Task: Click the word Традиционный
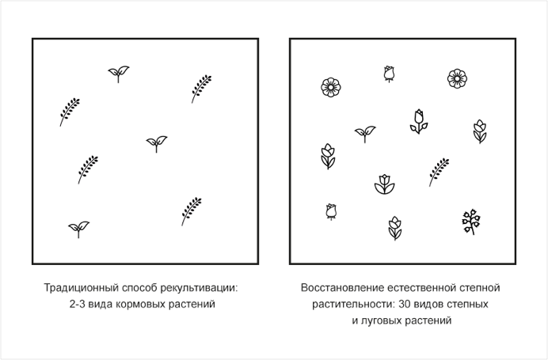[82, 289]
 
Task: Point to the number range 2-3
[77, 304]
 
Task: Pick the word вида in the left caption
[100, 305]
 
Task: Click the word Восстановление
[342, 288]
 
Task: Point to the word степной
[479, 288]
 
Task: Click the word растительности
[354, 305]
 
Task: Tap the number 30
[405, 304]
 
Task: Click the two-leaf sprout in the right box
[365, 134]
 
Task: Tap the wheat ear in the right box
[439, 172]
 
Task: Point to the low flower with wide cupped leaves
[384, 184]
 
